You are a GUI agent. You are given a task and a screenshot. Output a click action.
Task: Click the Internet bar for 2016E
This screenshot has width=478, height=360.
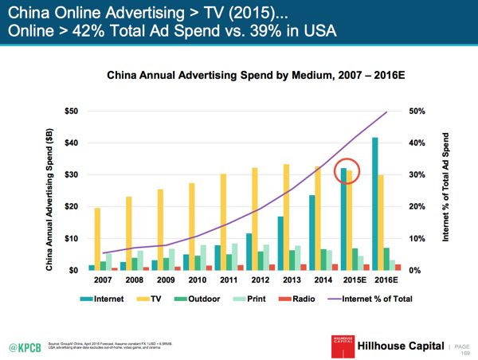[x=374, y=204]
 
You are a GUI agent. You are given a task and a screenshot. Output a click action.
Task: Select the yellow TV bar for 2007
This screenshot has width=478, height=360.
[x=98, y=239]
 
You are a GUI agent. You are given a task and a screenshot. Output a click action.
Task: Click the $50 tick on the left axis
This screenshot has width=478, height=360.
[x=71, y=111]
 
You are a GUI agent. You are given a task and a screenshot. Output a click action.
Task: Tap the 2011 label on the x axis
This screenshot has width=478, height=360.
[x=230, y=281]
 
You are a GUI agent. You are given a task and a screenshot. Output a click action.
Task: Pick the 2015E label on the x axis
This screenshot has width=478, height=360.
[x=355, y=281]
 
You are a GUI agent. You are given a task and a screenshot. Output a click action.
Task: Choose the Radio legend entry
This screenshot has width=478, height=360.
[x=299, y=299]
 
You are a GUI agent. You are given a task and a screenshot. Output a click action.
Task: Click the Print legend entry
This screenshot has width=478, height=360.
[x=249, y=299]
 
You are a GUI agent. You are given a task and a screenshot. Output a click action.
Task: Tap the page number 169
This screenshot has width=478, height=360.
[x=466, y=352]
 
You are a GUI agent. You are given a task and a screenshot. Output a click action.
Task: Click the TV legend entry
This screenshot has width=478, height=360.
[x=151, y=299]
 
